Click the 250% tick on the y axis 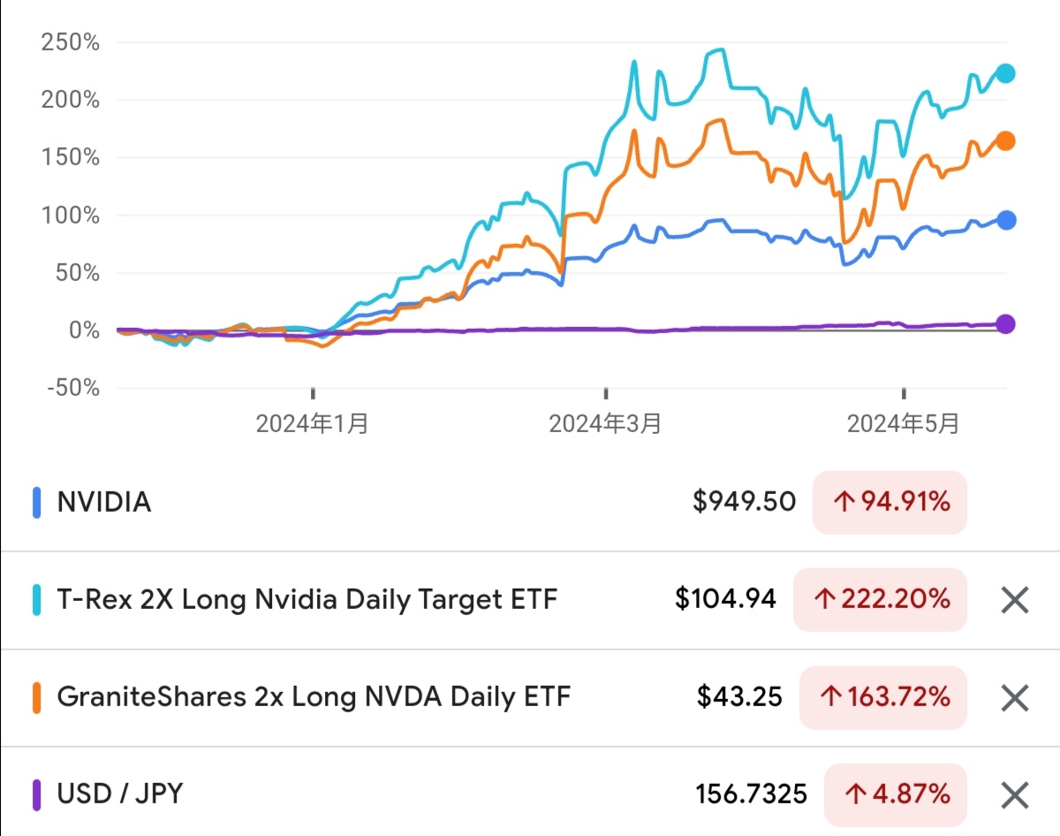pos(70,42)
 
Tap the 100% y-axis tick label pos(70,215)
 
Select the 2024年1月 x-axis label pos(312,424)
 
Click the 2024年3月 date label pos(605,424)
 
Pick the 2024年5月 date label pos(903,424)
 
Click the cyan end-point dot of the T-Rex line pos(1005,73)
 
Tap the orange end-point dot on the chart pos(1005,141)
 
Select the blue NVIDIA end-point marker pos(1005,220)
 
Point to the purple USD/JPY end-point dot pos(1005,324)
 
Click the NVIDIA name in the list pos(104,503)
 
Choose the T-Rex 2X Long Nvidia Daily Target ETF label pos(307,600)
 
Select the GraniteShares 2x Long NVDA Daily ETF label pos(314,697)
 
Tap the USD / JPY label pos(120,794)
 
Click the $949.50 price pos(744,503)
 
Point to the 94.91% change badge pos(890,503)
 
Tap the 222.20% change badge pos(880,600)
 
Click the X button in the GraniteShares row pos(1015,698)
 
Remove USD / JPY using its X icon pos(1015,795)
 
